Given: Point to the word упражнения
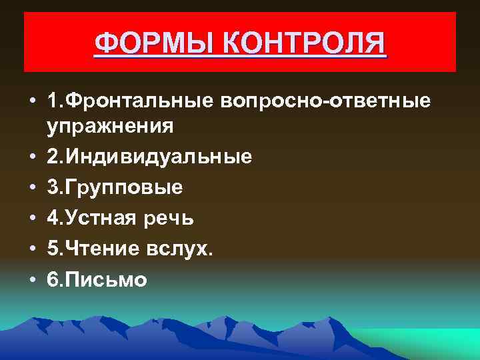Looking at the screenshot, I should (x=111, y=126).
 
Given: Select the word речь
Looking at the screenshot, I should (x=173, y=218).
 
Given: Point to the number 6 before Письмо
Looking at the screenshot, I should (x=53, y=279).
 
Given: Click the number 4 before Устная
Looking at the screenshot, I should (x=53, y=218).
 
